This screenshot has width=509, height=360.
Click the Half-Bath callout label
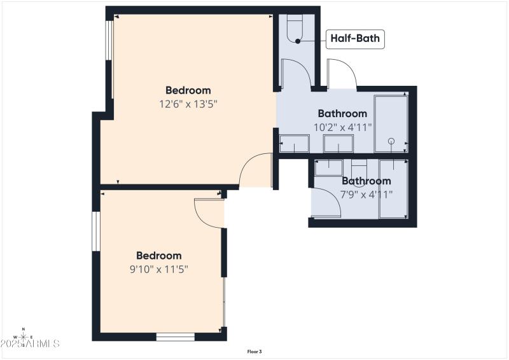(x=355, y=39)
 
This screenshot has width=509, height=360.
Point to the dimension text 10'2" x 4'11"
(x=343, y=127)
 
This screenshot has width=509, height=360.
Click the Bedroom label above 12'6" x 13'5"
(x=188, y=90)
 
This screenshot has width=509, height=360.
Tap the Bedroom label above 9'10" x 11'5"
(x=159, y=256)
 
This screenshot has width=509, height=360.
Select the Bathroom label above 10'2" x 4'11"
(x=343, y=114)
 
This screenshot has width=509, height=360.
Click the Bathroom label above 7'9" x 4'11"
(x=366, y=181)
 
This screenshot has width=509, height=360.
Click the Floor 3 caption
(x=254, y=351)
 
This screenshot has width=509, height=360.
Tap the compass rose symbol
(x=24, y=336)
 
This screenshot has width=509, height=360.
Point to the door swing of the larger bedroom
(x=256, y=170)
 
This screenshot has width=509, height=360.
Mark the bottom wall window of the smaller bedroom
(x=176, y=336)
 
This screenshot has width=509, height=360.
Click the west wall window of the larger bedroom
(x=109, y=60)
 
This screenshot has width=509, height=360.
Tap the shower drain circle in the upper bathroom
(x=391, y=141)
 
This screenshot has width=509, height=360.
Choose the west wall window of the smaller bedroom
(x=95, y=231)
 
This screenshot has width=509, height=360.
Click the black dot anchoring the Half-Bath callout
(x=297, y=41)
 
